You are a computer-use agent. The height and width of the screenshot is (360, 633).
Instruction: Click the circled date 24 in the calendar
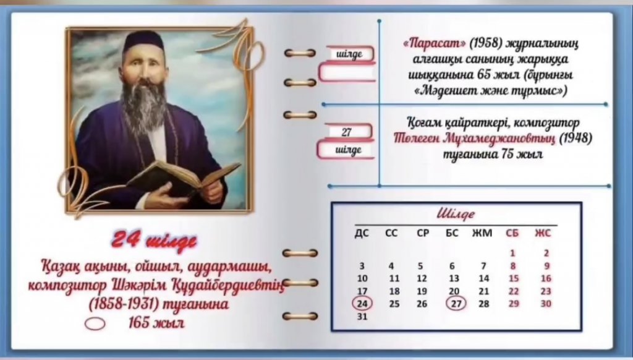[362, 304]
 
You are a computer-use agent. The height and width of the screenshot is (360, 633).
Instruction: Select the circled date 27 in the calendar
[456, 304]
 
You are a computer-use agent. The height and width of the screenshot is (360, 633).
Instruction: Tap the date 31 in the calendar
[362, 316]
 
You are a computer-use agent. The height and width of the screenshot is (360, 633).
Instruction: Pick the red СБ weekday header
[512, 233]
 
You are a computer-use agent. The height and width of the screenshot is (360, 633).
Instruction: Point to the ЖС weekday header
[543, 233]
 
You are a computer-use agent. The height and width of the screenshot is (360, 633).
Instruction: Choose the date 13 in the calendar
[454, 278]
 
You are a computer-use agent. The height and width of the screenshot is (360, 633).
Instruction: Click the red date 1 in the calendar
[512, 254]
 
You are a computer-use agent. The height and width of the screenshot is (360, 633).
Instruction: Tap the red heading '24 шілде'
[154, 241]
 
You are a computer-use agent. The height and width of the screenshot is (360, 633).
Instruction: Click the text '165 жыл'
[156, 322]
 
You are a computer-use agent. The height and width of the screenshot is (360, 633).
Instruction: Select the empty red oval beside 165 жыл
[95, 324]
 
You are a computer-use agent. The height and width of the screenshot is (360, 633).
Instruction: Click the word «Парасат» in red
[435, 44]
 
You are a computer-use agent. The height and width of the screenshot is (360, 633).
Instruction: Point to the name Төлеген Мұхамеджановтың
[474, 138]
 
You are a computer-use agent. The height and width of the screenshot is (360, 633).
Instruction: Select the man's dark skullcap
[143, 41]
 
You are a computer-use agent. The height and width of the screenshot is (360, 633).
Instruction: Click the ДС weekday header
[362, 233]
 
